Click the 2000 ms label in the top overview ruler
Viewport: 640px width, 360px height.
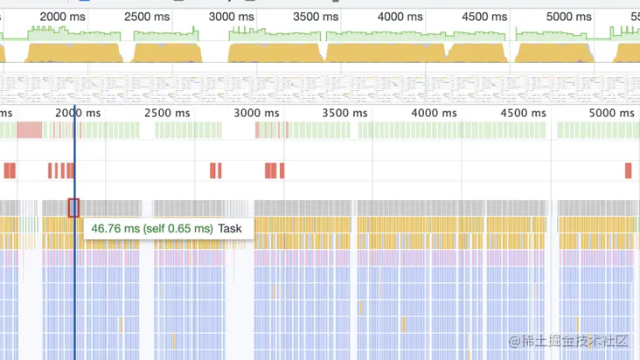66,17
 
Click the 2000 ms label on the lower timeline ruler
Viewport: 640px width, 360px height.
78,113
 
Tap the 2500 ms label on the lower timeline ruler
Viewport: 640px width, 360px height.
167,113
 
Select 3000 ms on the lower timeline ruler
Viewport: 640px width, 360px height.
258,113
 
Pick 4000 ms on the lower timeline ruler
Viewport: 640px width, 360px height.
435,113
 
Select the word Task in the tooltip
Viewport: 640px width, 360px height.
230,228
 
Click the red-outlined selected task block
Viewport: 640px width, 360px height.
73,208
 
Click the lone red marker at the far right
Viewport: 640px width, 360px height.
628,170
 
